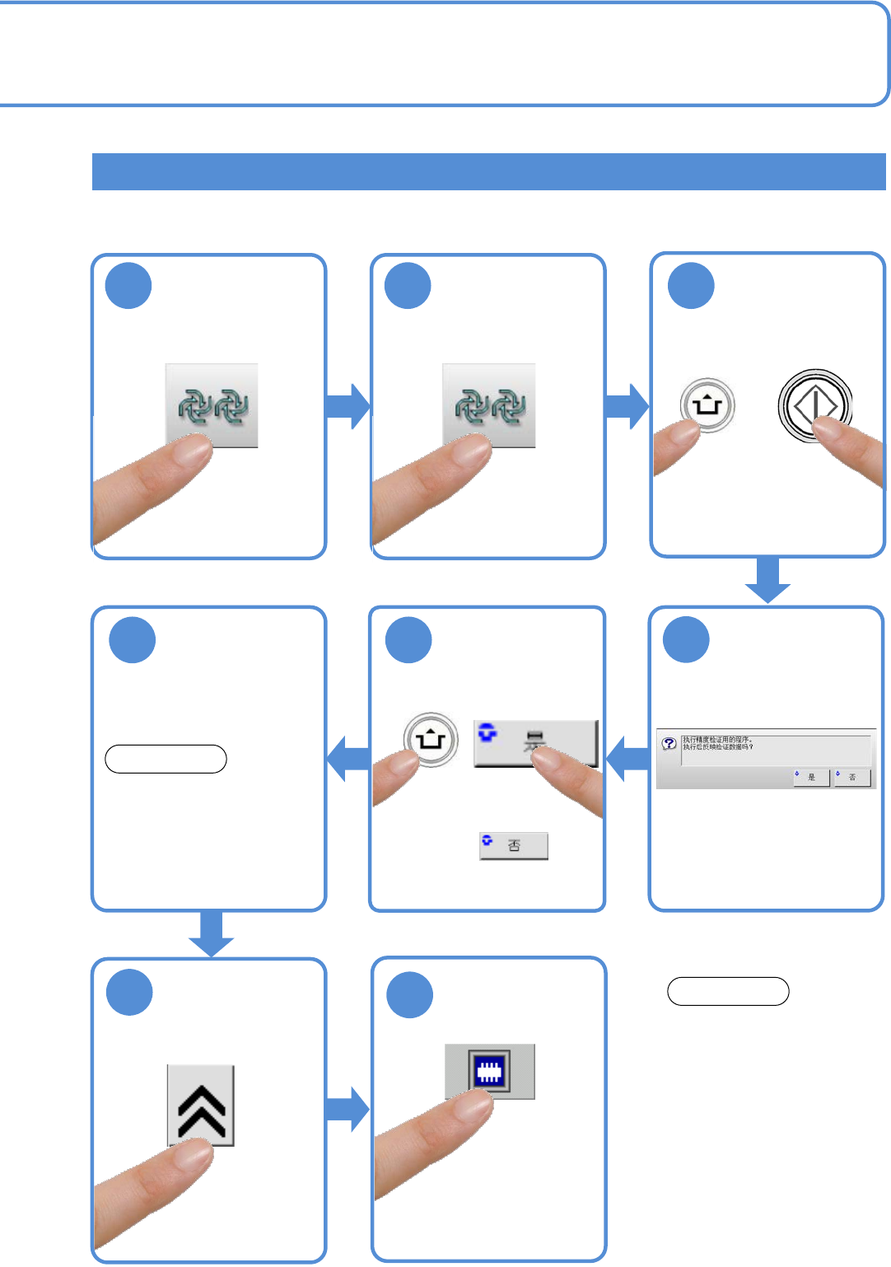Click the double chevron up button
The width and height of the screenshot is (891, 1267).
tap(201, 1105)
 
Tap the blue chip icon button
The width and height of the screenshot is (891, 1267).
tap(490, 1071)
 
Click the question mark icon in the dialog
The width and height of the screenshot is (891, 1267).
tap(669, 743)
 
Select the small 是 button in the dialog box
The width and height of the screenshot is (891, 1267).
tap(811, 777)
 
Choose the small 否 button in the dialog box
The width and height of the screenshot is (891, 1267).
tap(852, 777)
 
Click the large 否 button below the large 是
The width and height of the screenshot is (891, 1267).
tap(514, 845)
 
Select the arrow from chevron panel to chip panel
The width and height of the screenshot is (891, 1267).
tap(348, 1109)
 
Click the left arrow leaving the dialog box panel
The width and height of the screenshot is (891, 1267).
tap(627, 758)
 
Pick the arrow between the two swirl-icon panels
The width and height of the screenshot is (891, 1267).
tap(348, 406)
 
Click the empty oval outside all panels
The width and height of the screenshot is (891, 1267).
tap(728, 991)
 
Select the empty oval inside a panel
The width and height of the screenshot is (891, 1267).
tap(166, 759)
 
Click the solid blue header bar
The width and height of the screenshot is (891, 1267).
tap(488, 171)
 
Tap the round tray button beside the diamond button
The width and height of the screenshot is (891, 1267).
tap(707, 405)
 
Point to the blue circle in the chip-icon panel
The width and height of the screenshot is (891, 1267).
tap(410, 995)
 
